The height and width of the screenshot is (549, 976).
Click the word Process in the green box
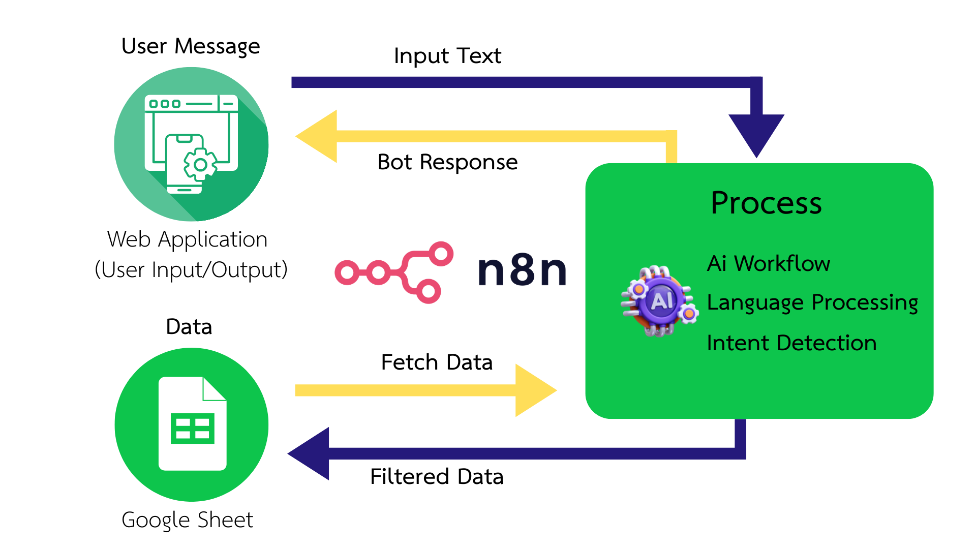[x=766, y=203]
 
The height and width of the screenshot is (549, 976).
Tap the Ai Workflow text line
[x=768, y=264]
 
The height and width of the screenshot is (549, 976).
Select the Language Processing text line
[x=812, y=303]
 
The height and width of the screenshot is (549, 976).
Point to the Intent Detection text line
[x=791, y=343]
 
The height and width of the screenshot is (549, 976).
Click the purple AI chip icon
[x=660, y=301]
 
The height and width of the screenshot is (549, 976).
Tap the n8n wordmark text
[x=522, y=270]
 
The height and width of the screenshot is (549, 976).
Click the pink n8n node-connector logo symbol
[x=393, y=272]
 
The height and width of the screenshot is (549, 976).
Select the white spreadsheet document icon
[x=192, y=424]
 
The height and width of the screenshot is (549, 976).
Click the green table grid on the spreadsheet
[x=192, y=428]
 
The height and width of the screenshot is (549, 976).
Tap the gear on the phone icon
[x=200, y=165]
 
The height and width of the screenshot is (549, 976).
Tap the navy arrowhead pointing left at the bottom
[x=310, y=453]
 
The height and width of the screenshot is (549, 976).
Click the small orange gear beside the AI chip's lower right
[x=689, y=314]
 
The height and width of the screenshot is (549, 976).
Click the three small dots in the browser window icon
[x=164, y=104]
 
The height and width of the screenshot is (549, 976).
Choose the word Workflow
[x=782, y=264]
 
